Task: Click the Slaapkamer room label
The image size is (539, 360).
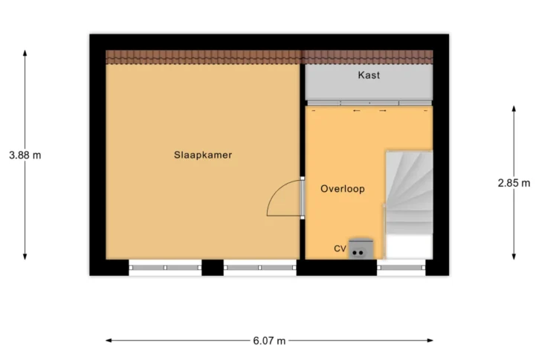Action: pyautogui.click(x=203, y=155)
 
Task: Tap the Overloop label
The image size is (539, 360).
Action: pyautogui.click(x=343, y=189)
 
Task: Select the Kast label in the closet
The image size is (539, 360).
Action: pyautogui.click(x=369, y=75)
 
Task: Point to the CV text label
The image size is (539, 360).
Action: pyautogui.click(x=340, y=248)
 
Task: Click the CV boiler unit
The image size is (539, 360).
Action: pyautogui.click(x=361, y=248)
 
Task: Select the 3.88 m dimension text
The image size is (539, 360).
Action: pyautogui.click(x=25, y=155)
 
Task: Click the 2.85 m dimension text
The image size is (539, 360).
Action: pyautogui.click(x=514, y=183)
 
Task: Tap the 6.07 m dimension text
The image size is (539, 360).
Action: pyautogui.click(x=269, y=341)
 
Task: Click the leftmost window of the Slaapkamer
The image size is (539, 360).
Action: pyautogui.click(x=165, y=268)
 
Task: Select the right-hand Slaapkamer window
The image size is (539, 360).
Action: pyautogui.click(x=260, y=268)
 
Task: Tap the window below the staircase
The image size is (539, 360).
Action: pyautogui.click(x=401, y=267)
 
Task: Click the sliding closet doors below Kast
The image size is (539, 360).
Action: pyautogui.click(x=369, y=103)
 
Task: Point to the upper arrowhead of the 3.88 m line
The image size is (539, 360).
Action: pyautogui.click(x=25, y=53)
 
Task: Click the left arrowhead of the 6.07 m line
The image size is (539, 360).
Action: pyautogui.click(x=109, y=341)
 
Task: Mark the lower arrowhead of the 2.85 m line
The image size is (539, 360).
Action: pyautogui.click(x=514, y=257)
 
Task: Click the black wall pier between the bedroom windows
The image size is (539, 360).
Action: pyautogui.click(x=213, y=268)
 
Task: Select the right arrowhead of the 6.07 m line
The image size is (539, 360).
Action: pyautogui.click(x=430, y=341)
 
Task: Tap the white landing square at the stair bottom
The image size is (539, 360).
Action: pyautogui.click(x=409, y=246)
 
